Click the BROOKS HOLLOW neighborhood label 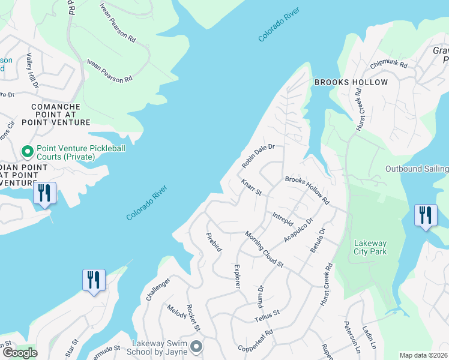pyautogui.click(x=351, y=82)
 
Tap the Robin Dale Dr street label pyautogui.click(x=258, y=155)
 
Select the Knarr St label pyautogui.click(x=252, y=187)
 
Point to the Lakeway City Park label pyautogui.click(x=370, y=247)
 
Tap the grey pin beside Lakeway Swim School pyautogui.click(x=196, y=347)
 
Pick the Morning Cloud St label pyautogui.click(x=264, y=248)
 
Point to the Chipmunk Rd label pyautogui.click(x=388, y=64)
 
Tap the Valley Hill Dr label pyautogui.click(x=31, y=71)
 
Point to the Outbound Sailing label pyautogui.click(x=417, y=169)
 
